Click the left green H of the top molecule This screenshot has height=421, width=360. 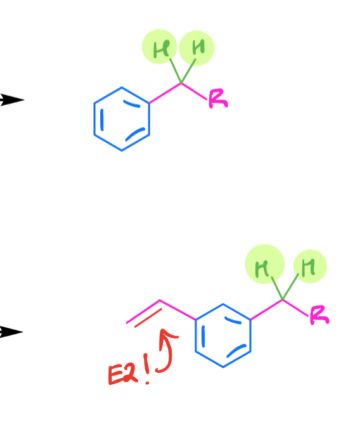(x=161, y=49)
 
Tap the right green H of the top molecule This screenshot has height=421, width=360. (x=198, y=47)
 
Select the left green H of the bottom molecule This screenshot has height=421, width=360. (x=262, y=268)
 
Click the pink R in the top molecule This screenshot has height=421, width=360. (x=218, y=98)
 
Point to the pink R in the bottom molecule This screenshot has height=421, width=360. (x=319, y=315)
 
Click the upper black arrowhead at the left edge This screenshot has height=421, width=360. (x=12, y=100)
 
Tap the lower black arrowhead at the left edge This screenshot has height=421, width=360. (x=11, y=332)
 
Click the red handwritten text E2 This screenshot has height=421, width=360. (x=123, y=373)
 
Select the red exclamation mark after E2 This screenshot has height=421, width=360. (x=146, y=368)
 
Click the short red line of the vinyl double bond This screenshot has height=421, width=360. (x=148, y=318)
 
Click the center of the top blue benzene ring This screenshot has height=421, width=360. (x=122, y=119)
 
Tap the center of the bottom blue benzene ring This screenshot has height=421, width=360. (x=223, y=335)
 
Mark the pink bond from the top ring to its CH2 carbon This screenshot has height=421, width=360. (x=165, y=93)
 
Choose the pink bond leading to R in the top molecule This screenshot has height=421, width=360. (x=194, y=91)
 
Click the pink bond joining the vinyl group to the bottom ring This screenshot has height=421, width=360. (x=177, y=309)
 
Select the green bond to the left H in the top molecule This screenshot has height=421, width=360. (x=176, y=71)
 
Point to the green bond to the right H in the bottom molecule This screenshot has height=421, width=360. (x=290, y=287)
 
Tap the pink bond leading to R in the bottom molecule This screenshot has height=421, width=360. (x=295, y=308)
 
